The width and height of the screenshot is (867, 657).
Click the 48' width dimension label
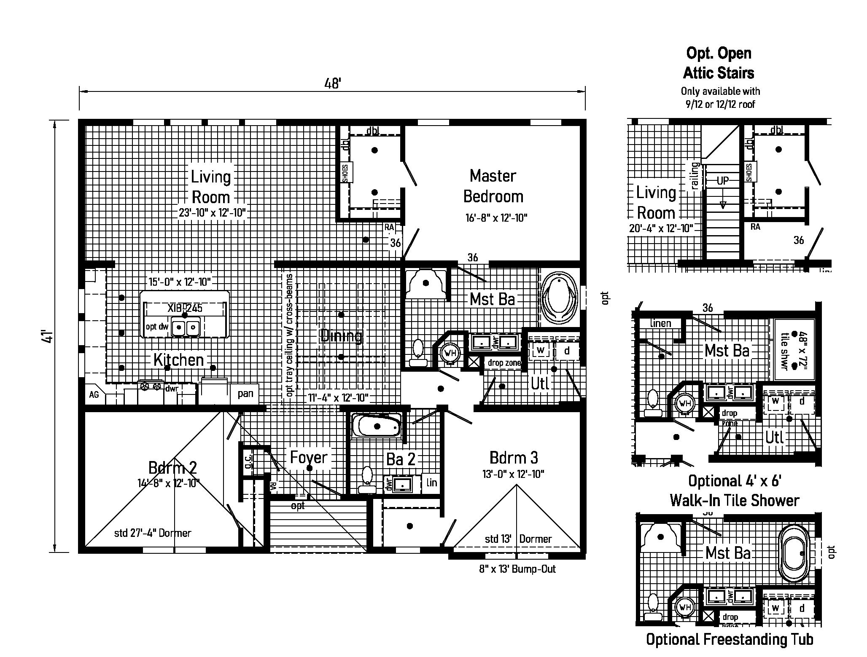coord(332,83)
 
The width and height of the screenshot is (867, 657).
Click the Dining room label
coord(341,336)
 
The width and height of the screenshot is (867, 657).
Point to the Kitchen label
coord(179,359)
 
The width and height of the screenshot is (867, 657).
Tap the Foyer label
coord(309,457)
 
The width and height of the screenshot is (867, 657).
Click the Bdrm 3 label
coord(514,458)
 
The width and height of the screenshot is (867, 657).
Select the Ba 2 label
coord(401,459)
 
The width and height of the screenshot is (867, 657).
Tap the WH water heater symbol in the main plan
coord(450,352)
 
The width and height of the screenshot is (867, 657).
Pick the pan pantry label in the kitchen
coord(245,394)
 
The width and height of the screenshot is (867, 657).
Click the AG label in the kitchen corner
coord(94,394)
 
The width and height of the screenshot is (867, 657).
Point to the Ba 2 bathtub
coord(377,426)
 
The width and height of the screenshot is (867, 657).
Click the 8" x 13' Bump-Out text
coord(517,569)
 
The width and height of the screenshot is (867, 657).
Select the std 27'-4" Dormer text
coord(153,533)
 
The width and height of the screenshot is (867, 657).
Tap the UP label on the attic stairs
coord(723,181)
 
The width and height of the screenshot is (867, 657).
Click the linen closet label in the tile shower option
coord(660,323)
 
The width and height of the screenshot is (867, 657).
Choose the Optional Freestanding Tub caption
coord(730,639)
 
